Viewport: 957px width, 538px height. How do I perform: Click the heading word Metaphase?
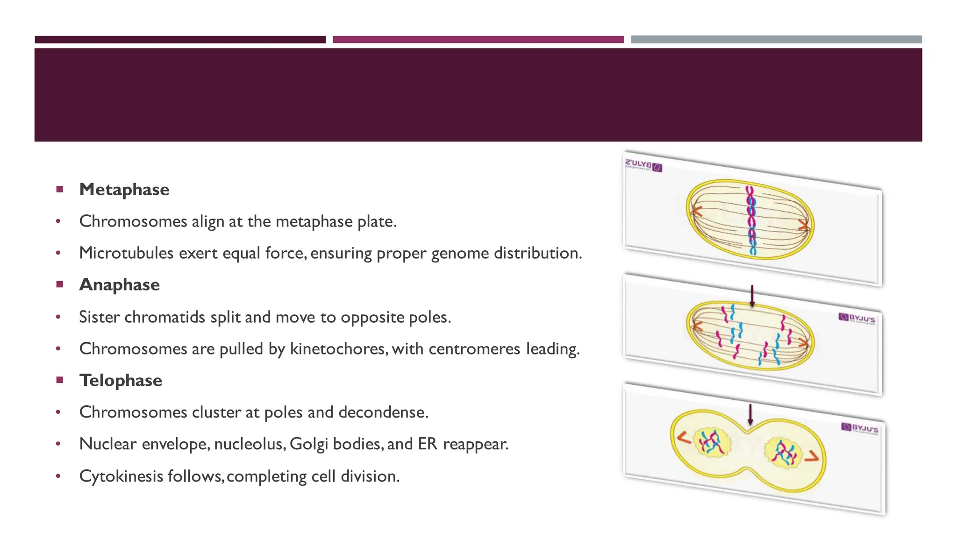[124, 190]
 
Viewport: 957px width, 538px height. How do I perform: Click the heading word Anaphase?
[120, 285]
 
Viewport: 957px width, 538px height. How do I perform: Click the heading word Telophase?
[121, 381]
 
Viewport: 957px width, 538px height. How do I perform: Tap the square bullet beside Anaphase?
[59, 284]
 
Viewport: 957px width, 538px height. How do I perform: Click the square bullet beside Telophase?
[59, 380]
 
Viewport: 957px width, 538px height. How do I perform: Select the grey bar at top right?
[776, 40]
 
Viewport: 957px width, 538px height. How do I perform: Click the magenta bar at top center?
[478, 40]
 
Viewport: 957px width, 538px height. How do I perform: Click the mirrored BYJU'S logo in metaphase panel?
[643, 166]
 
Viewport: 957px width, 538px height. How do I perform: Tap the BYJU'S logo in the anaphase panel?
[857, 318]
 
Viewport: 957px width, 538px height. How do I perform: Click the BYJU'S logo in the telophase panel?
[860, 428]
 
